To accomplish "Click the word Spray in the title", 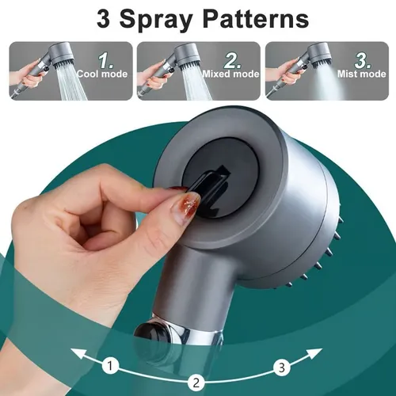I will point(158,19).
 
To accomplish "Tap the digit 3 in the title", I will point(105,19).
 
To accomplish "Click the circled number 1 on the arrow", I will point(112,366).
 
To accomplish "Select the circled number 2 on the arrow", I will point(196,381).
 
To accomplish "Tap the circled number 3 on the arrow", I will point(280,366).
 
